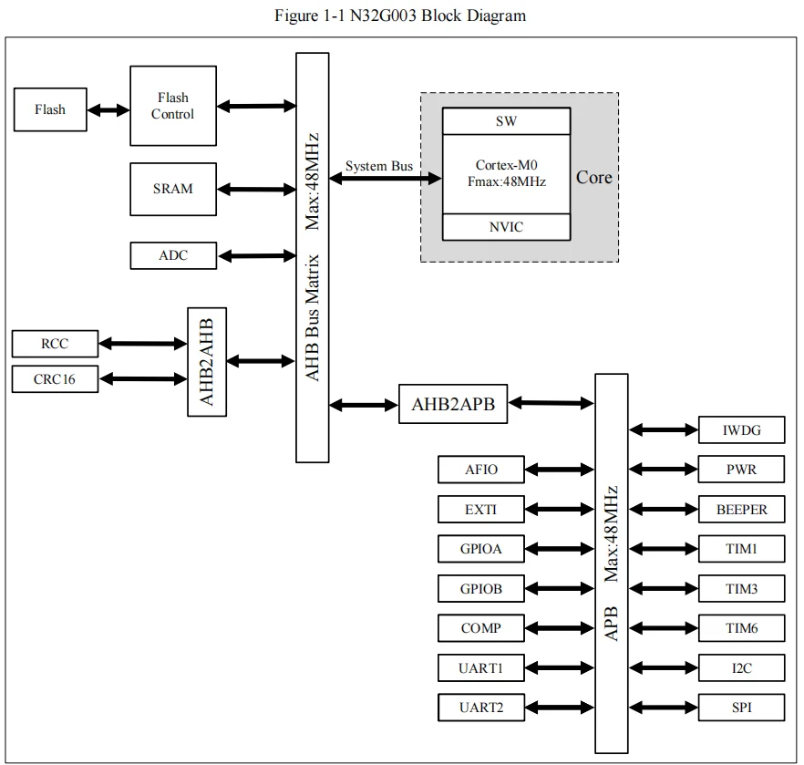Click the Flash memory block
pos(50,109)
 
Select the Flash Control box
pos(173,106)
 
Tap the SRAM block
pos(173,189)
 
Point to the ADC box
pos(173,255)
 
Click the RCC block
pos(54,344)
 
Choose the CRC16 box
pos(54,378)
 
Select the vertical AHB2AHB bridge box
pos(207,361)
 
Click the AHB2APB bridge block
pos(453,404)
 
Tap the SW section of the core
pos(507,121)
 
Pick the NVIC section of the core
pos(507,227)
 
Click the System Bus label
pos(378,167)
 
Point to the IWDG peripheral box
pos(741,430)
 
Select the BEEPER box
pos(741,510)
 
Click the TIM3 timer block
pos(741,589)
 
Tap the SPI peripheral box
pos(741,708)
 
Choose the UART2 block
pos(481,708)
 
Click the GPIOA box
pos(481,549)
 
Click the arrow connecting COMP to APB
pos(560,628)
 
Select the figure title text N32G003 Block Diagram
pos(400,16)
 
